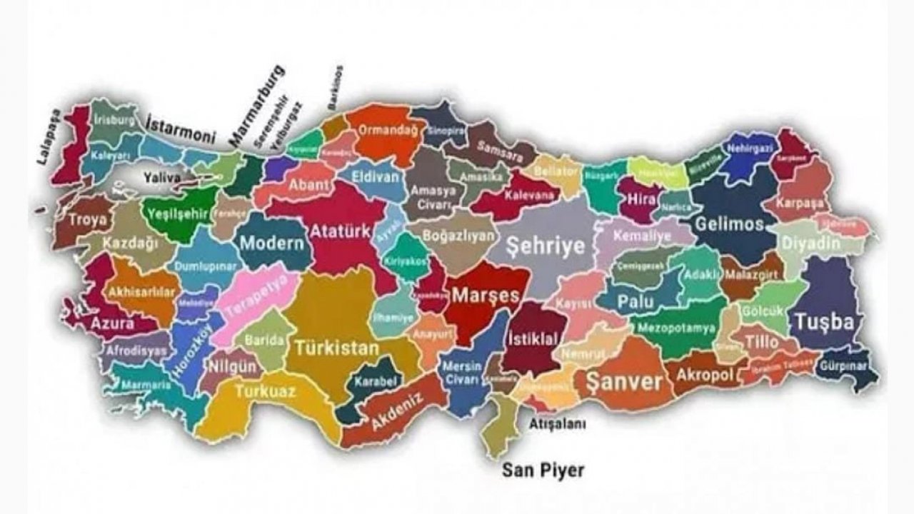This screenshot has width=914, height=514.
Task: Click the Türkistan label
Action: point(336,349)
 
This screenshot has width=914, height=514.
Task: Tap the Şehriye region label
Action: point(545,246)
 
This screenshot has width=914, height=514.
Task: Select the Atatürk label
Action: point(340,231)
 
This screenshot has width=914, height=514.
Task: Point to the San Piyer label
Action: point(543,470)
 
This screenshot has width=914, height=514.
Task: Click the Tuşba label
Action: point(824,322)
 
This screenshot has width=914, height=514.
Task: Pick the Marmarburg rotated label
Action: point(256,105)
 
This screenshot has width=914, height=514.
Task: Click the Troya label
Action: point(88,220)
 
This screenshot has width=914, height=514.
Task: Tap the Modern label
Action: point(271,243)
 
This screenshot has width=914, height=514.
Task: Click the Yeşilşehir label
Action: point(179,213)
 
